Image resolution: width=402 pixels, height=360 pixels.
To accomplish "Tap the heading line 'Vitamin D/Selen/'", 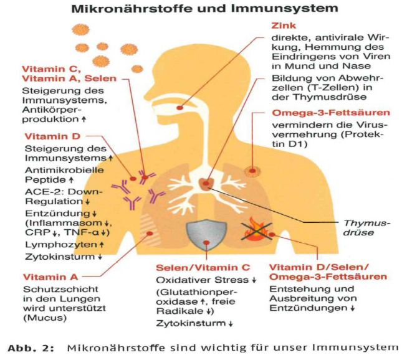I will [309, 267].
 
